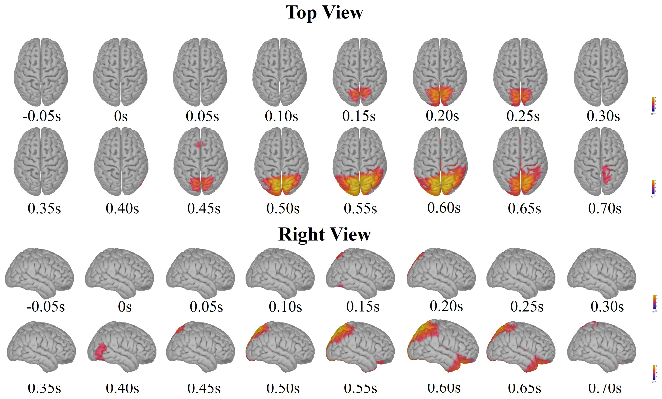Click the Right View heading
point(324,234)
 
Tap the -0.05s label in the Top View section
point(42,116)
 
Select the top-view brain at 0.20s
point(440,72)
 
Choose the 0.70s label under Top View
point(604,208)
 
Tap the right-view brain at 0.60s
point(442,345)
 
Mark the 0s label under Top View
point(121,116)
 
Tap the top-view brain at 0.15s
point(360,72)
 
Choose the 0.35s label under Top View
point(44,208)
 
